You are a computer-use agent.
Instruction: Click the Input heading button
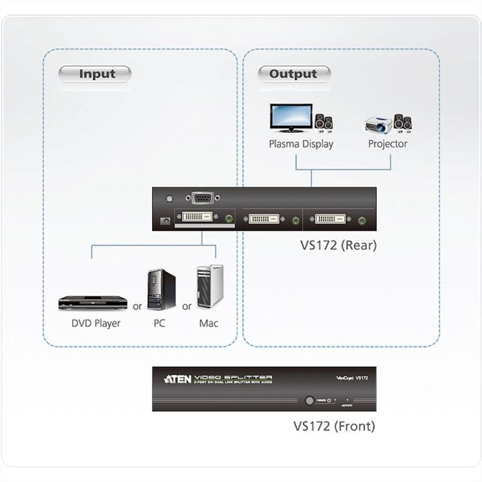click(96, 74)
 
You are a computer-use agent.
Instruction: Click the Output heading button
click(293, 74)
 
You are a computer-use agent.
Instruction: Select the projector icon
click(378, 125)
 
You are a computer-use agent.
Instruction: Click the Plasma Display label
click(301, 144)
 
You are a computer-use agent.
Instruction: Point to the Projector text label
click(388, 144)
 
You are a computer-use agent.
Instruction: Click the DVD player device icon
click(92, 303)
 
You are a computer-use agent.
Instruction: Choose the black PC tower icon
click(161, 289)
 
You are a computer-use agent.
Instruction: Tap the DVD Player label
click(96, 323)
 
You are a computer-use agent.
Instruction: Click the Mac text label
click(208, 323)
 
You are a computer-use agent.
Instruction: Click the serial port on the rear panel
click(202, 198)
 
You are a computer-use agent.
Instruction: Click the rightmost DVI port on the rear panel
click(331, 218)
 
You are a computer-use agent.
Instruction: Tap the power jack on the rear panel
click(165, 220)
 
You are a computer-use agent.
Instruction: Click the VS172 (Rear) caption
click(338, 245)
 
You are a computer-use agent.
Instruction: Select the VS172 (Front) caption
click(334, 426)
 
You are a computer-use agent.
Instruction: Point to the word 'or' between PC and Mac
click(187, 307)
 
